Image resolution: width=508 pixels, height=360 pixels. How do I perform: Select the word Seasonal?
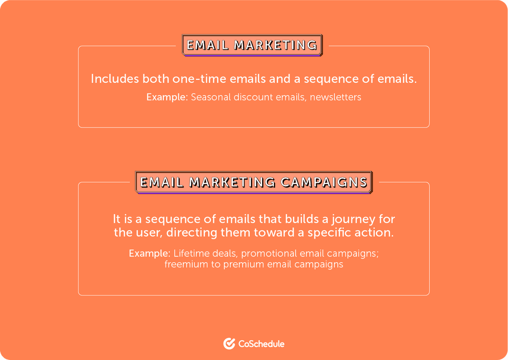click(210, 97)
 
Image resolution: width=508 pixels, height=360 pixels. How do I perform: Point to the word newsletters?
click(335, 97)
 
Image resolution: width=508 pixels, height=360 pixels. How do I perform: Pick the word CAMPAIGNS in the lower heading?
click(324, 182)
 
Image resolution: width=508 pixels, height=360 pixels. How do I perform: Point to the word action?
click(379, 233)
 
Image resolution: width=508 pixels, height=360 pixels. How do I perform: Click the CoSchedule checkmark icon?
click(229, 344)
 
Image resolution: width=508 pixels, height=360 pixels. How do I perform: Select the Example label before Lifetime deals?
click(149, 254)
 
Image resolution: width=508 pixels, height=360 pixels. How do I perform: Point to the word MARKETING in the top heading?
click(276, 45)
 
